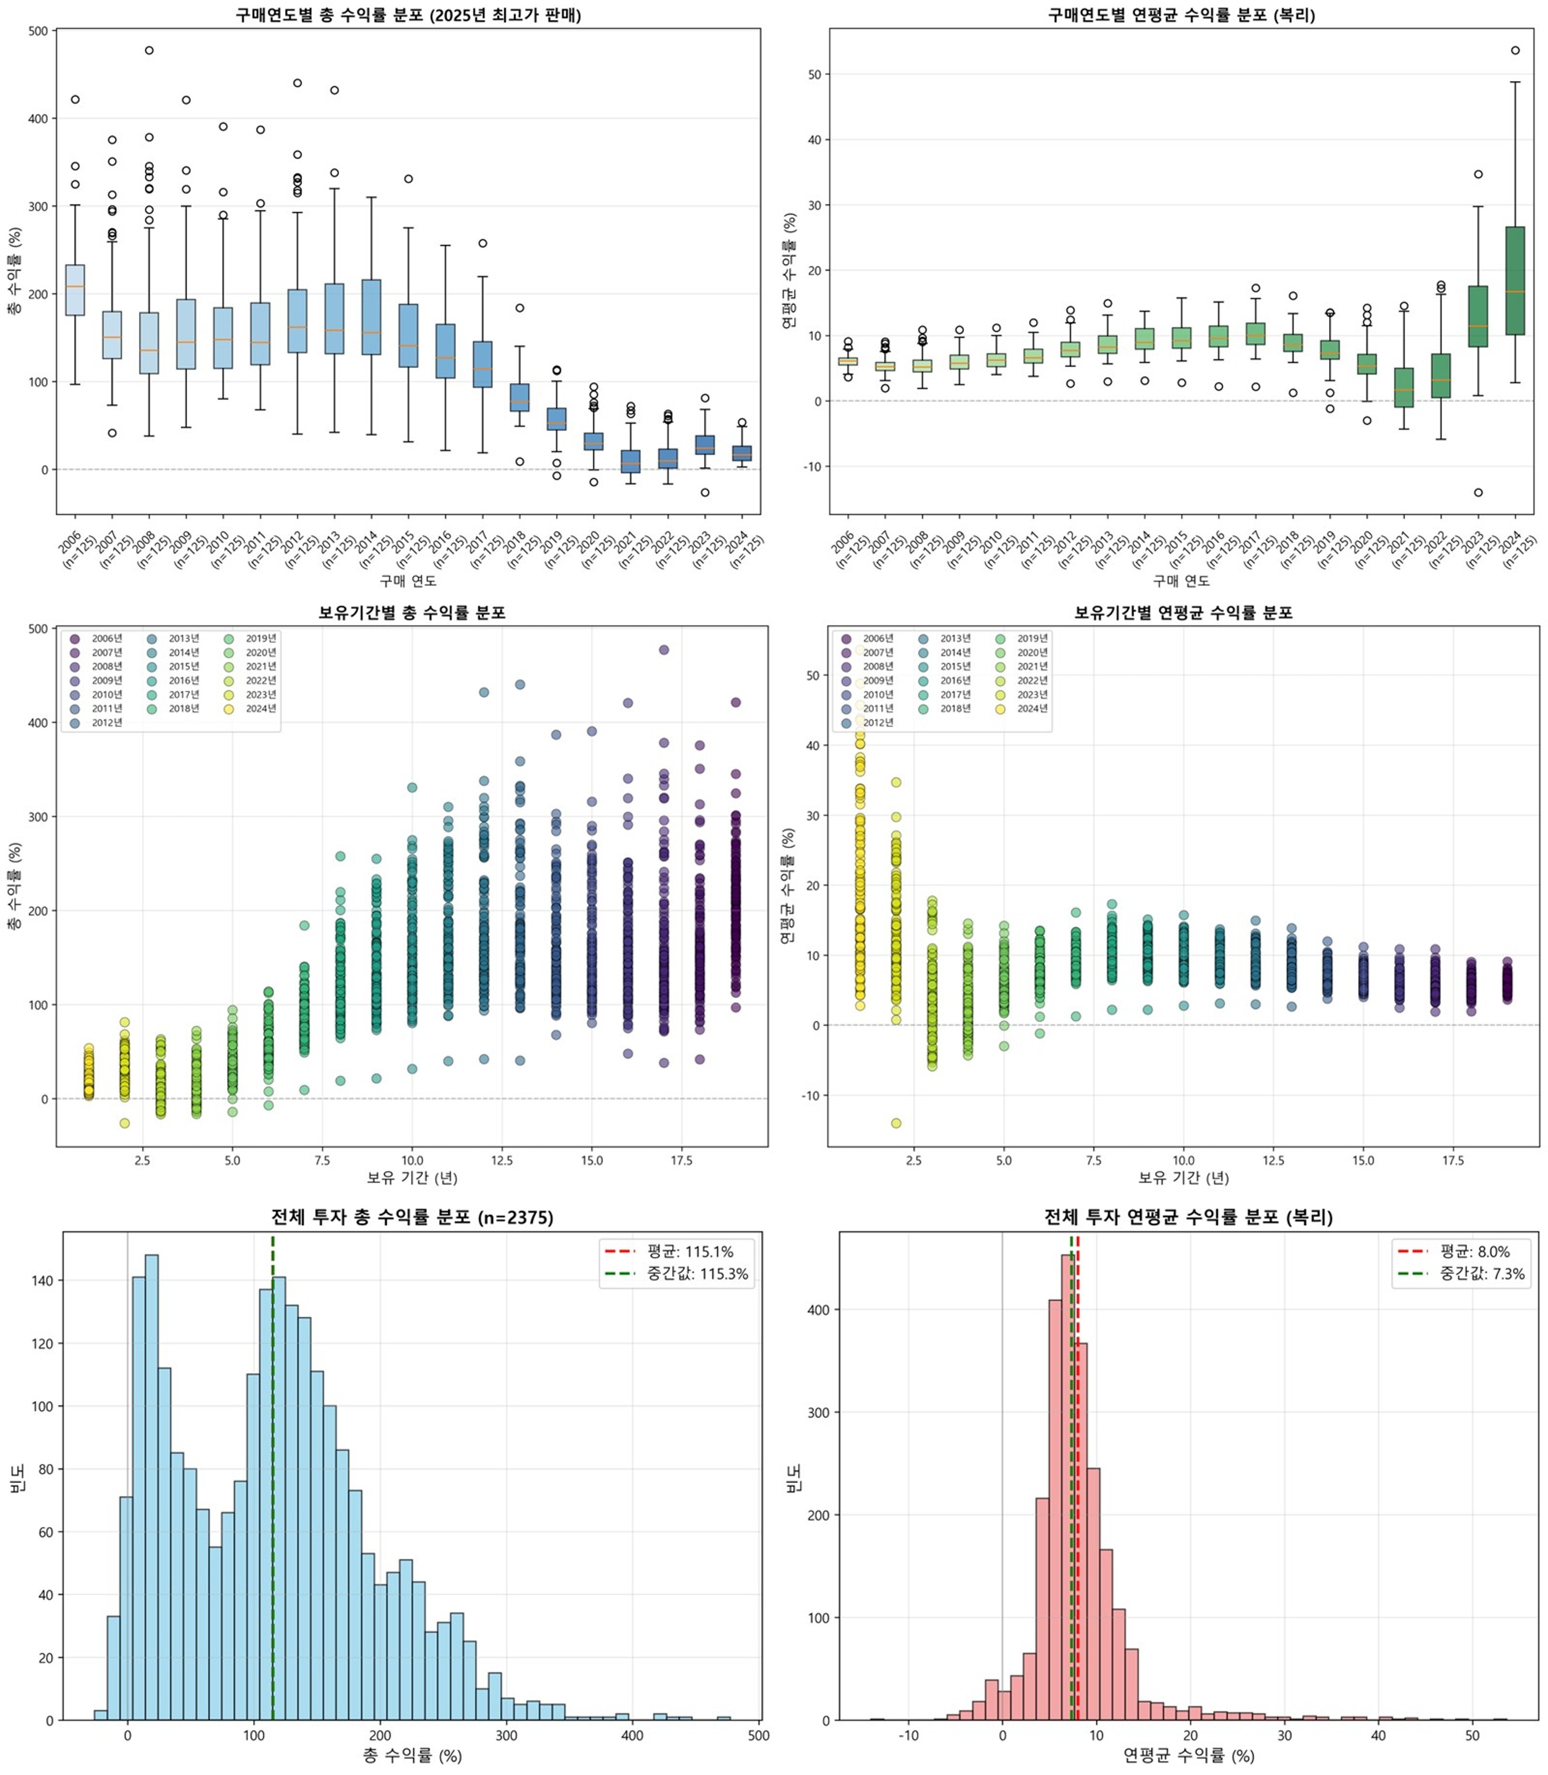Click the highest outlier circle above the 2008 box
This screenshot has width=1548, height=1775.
(x=149, y=50)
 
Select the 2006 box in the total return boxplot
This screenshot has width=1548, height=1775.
(x=75, y=290)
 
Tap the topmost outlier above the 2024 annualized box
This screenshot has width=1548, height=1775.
(x=1515, y=50)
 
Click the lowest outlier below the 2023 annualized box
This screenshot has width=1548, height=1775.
(x=1478, y=492)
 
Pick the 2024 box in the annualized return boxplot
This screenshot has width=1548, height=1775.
(x=1515, y=280)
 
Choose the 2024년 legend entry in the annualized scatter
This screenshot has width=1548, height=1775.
(x=1031, y=708)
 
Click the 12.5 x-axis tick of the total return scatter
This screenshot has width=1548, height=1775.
(x=502, y=1160)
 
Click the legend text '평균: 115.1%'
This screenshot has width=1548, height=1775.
(x=689, y=1251)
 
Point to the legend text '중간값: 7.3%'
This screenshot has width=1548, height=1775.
(x=1482, y=1274)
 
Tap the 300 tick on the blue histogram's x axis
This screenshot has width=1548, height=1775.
(x=506, y=1735)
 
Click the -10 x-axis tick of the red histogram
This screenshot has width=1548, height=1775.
(x=908, y=1735)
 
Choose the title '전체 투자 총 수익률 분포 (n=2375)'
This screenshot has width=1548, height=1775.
(x=412, y=1217)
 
